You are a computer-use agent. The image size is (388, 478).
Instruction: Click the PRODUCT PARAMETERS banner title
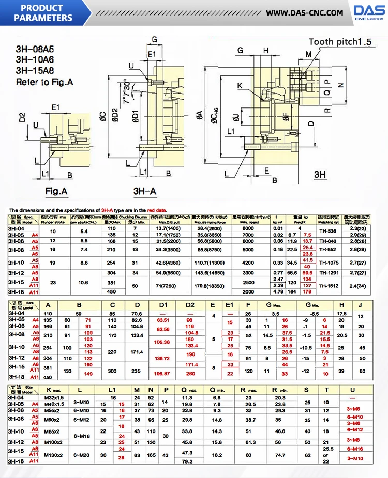click(x=43, y=13)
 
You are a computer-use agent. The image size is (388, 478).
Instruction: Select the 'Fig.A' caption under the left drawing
click(x=56, y=191)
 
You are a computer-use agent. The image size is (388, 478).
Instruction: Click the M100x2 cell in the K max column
click(x=53, y=442)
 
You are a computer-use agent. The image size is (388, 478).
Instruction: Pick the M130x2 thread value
click(x=53, y=454)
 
